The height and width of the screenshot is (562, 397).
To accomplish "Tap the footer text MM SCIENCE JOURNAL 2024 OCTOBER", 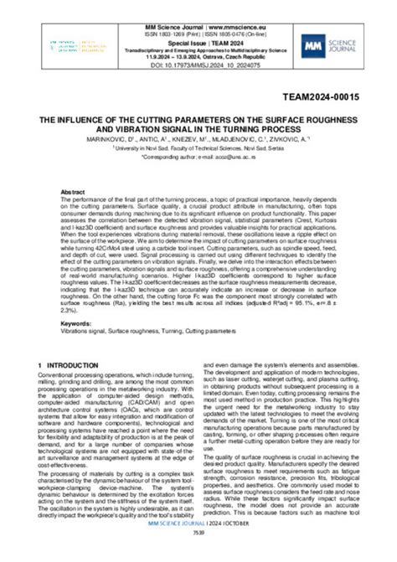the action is click(198, 545).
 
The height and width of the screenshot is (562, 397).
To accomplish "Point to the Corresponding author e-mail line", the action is click(198, 156).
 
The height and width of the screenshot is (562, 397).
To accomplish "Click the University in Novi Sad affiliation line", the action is click(198, 147).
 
